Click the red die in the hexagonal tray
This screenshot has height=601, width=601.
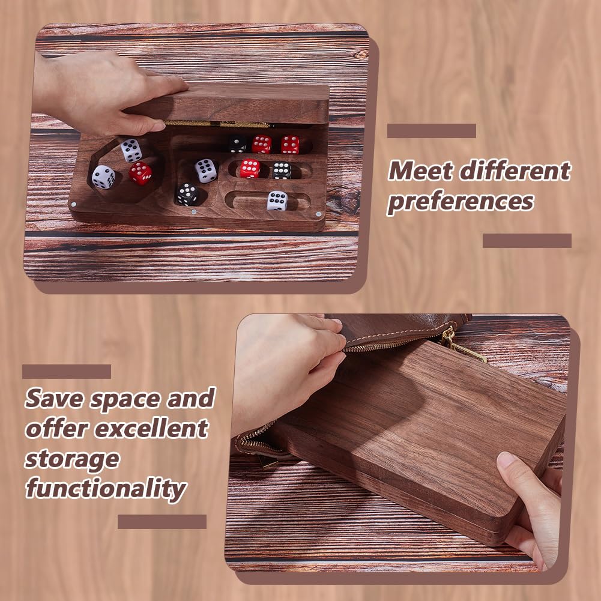pyautogui.click(x=140, y=174)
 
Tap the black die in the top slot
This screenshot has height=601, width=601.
pyautogui.click(x=238, y=144)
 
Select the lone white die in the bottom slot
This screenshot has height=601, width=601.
pyautogui.click(x=277, y=201)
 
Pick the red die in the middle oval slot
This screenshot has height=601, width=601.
pyautogui.click(x=250, y=169)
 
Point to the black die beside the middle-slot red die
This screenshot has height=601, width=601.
pyautogui.click(x=282, y=171)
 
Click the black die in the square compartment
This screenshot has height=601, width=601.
pyautogui.click(x=187, y=195)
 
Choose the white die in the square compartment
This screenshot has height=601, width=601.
pyautogui.click(x=206, y=171)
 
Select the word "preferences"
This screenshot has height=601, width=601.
pyautogui.click(x=461, y=202)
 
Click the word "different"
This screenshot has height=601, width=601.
pyautogui.click(x=515, y=171)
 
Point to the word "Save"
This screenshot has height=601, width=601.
pyautogui.click(x=54, y=398)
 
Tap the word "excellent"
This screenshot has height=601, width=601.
pyautogui.click(x=152, y=428)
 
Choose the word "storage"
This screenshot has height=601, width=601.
pyautogui.click(x=71, y=459)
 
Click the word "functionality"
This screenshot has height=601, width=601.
pyautogui.click(x=106, y=489)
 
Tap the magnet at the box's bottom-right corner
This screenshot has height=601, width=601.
pyautogui.click(x=319, y=214)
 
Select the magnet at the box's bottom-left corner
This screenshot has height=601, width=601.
pyautogui.click(x=74, y=204)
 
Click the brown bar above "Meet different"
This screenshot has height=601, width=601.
pyautogui.click(x=432, y=131)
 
